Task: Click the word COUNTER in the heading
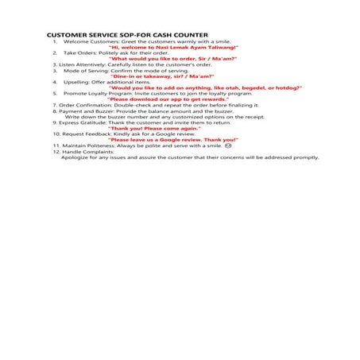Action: [188, 36]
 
